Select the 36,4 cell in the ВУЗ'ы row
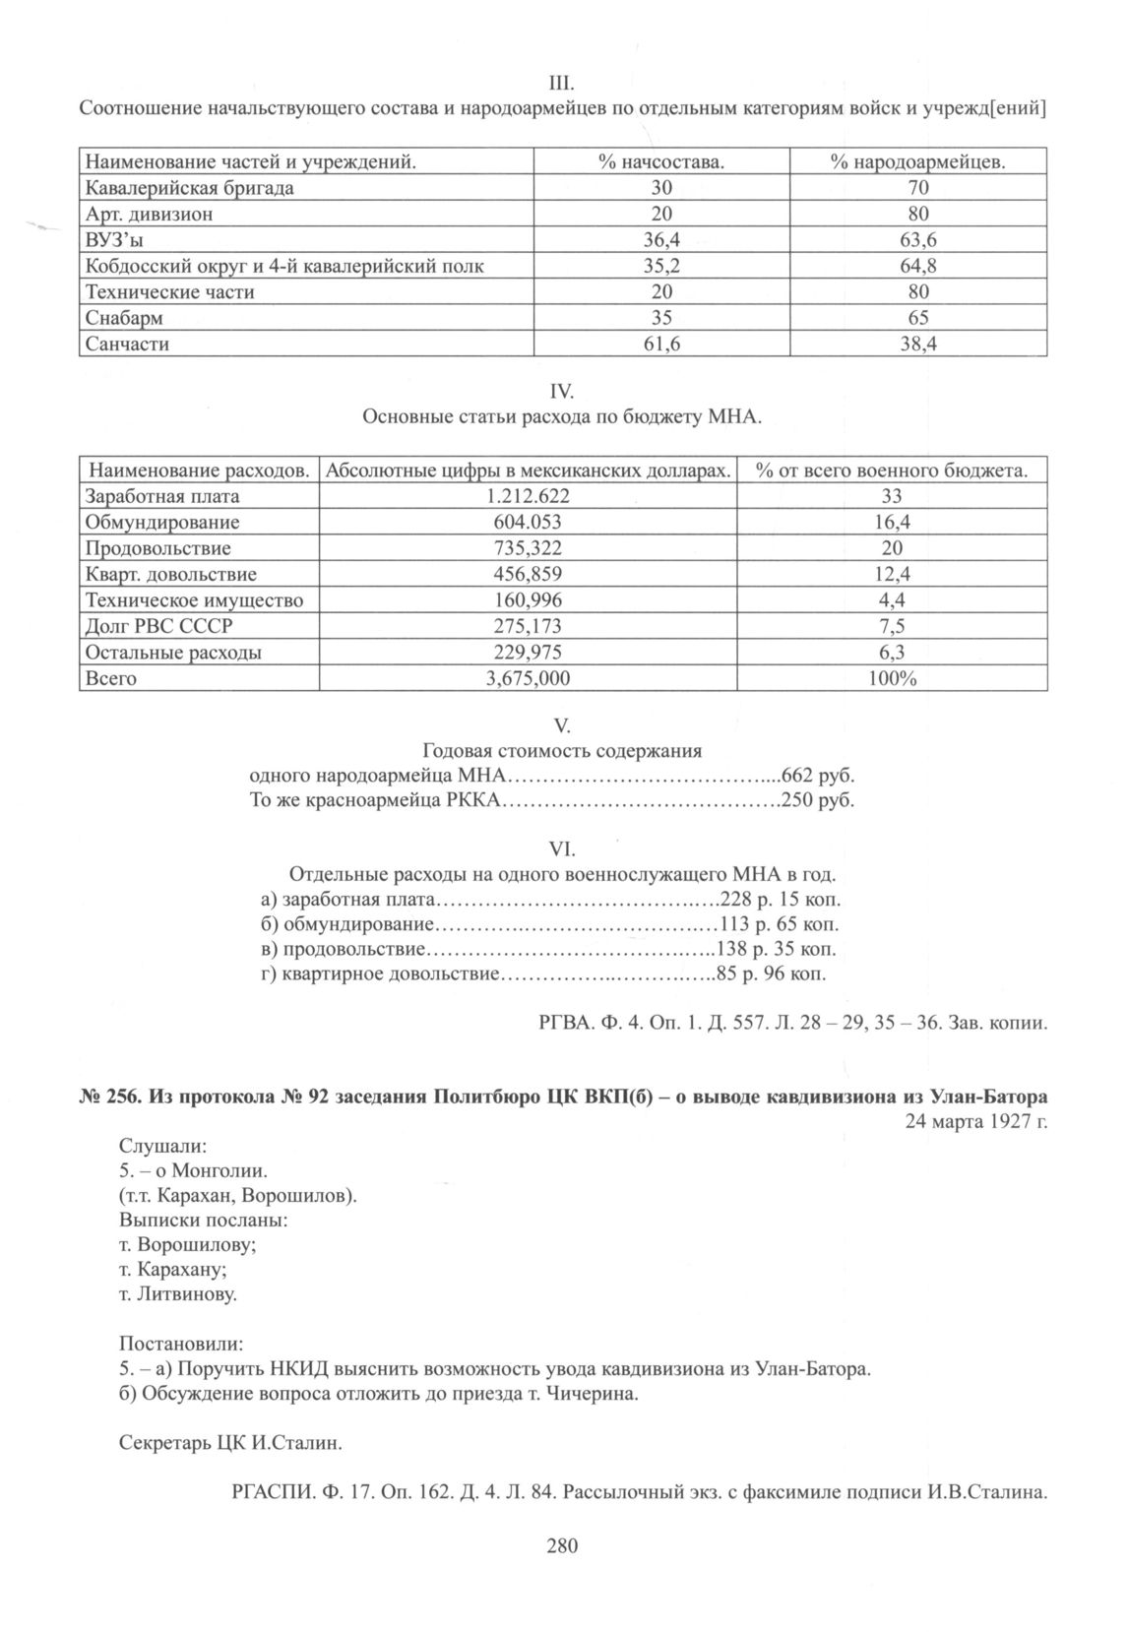[x=660, y=240]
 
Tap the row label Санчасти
[x=127, y=345]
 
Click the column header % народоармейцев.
[x=917, y=161]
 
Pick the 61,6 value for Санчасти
[x=660, y=345]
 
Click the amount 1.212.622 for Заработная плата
[x=528, y=496]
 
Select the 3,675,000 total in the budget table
[x=528, y=678]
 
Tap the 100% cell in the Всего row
[x=892, y=678]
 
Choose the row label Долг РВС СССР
[x=158, y=626]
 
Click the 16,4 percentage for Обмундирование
[x=892, y=523]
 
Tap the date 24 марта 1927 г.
[x=975, y=1121]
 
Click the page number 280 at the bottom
[x=562, y=1545]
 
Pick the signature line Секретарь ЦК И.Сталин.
[x=230, y=1444]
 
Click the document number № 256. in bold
[x=110, y=1097]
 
